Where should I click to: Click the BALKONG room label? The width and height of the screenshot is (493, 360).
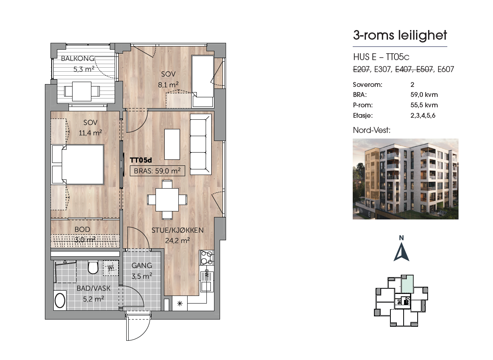78,58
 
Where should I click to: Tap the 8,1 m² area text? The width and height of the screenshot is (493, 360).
168,84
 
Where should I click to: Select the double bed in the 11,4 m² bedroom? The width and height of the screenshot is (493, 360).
82,164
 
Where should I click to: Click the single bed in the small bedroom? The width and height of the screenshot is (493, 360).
203,81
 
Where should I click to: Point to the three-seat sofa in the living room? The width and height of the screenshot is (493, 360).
200,145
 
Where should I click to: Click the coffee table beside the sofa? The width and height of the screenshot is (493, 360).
172,144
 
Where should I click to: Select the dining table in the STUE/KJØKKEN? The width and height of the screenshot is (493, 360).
167,199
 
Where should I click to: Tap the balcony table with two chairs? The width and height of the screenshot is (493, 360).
82,91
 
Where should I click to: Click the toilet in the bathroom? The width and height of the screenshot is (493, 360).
93,267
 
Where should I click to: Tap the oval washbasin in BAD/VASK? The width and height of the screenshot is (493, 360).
60,300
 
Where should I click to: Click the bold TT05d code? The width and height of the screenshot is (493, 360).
141,160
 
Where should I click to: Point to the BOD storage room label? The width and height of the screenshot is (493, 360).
82,229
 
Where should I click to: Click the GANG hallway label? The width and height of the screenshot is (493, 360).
141,265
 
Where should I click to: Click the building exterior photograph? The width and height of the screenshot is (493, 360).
405,179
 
